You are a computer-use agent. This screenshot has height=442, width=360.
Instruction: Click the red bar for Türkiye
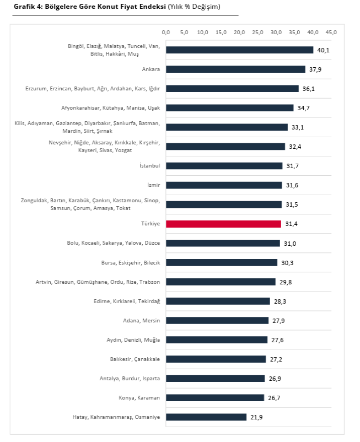(x=223, y=224)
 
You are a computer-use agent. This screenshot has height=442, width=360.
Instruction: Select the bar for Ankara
(x=235, y=69)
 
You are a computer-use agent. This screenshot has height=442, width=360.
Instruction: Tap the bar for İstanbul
(x=224, y=166)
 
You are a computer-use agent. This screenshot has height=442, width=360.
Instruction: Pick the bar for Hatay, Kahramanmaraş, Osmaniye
(x=206, y=417)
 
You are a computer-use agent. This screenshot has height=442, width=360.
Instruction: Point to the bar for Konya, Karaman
(x=215, y=398)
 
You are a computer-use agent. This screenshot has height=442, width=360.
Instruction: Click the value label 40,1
(x=323, y=50)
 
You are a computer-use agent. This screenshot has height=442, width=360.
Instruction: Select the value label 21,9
(x=256, y=417)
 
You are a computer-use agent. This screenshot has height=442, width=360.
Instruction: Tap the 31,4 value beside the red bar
(x=291, y=224)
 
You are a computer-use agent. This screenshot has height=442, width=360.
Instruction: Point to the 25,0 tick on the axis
(x=258, y=33)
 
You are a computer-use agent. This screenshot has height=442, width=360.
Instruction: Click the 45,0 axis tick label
(x=331, y=33)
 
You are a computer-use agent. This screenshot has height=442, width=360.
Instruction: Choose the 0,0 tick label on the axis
(x=166, y=33)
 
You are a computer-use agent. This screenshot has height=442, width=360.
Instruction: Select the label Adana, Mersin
(x=142, y=321)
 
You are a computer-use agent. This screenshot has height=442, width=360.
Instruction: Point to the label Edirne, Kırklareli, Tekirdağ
(x=127, y=301)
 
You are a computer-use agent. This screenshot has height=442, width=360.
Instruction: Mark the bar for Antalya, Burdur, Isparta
(x=216, y=379)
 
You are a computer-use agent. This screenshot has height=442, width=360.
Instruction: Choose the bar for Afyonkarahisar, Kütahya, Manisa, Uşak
(x=230, y=108)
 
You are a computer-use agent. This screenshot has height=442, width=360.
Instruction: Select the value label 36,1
(x=308, y=89)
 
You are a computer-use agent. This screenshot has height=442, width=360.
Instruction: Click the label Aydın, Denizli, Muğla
(x=133, y=340)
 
